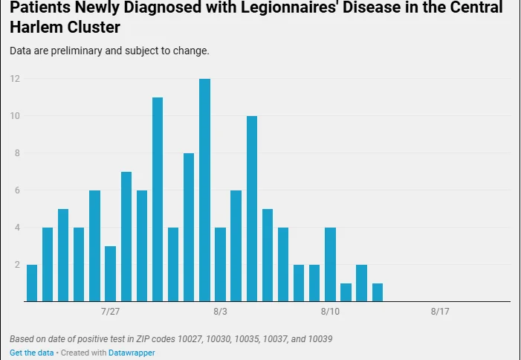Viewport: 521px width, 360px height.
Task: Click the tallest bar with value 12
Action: [x=204, y=190]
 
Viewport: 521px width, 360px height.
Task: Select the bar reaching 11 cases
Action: [x=158, y=199]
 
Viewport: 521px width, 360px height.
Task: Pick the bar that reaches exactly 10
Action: [x=252, y=209]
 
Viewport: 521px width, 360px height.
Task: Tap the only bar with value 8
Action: [x=189, y=228]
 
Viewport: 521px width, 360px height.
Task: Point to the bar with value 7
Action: [x=126, y=237]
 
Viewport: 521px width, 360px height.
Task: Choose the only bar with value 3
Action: [x=110, y=274]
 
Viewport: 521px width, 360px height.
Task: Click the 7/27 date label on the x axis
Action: [x=110, y=312]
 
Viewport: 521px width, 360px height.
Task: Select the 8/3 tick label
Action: [x=220, y=312]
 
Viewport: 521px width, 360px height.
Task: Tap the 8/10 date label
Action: [x=330, y=312]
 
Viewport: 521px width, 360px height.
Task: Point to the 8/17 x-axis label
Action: [x=440, y=312]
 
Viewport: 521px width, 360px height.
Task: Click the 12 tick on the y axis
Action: [x=15, y=79]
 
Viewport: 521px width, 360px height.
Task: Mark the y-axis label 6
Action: [x=17, y=190]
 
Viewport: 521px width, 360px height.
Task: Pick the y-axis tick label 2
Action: [x=17, y=265]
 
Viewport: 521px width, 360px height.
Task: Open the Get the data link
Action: [x=31, y=353]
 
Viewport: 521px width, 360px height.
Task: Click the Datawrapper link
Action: [x=132, y=353]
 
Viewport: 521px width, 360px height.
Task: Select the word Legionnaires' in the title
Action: [x=288, y=7]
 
